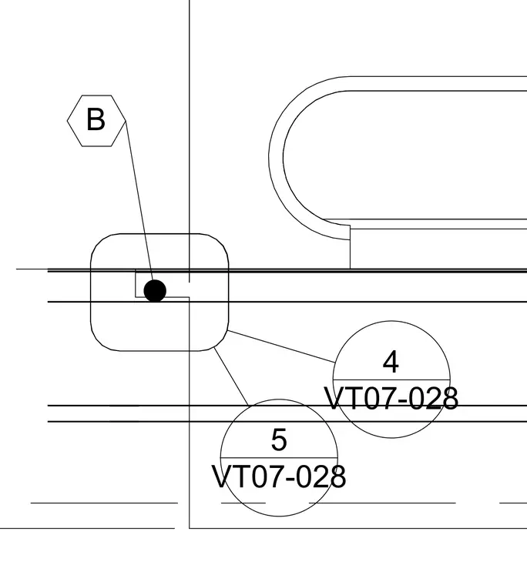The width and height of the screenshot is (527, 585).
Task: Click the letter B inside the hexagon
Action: [x=96, y=119]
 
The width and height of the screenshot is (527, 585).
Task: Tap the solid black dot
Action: [x=155, y=291]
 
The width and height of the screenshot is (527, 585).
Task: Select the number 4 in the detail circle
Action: [x=391, y=362]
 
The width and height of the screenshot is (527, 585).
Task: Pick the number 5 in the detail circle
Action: [x=279, y=440]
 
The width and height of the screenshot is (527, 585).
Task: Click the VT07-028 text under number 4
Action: [x=391, y=399]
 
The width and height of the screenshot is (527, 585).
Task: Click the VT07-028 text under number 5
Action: [x=279, y=476]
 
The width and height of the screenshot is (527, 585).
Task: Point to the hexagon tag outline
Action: [x=67, y=121]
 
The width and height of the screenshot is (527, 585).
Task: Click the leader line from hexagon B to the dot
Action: [x=139, y=202]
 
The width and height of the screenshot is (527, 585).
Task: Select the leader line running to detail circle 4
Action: [x=281, y=346]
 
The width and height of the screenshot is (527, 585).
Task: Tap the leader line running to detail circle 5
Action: [x=231, y=376]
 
